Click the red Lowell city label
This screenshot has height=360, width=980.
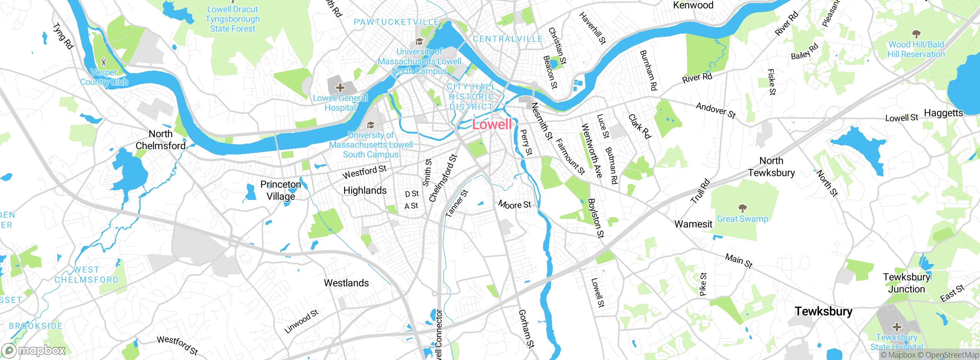(492, 124)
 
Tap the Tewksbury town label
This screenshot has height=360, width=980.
(823, 311)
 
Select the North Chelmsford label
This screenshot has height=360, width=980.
(161, 140)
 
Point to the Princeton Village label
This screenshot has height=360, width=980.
(281, 190)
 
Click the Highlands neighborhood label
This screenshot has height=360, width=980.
(365, 190)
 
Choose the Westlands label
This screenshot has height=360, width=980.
(346, 283)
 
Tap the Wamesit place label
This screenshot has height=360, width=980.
(693, 224)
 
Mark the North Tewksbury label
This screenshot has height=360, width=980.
(771, 167)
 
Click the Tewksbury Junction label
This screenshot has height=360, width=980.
(906, 283)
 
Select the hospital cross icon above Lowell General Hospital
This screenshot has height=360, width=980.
(340, 88)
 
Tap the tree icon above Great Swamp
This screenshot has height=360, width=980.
(743, 208)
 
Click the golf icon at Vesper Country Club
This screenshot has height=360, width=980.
(103, 62)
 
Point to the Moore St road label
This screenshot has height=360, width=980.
(514, 205)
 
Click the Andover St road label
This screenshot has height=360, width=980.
(715, 110)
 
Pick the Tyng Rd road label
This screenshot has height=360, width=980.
(63, 36)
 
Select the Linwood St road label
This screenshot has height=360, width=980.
(301, 322)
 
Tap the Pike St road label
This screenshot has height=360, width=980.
(703, 284)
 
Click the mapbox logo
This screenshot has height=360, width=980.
(34, 350)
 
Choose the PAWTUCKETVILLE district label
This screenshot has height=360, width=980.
(396, 22)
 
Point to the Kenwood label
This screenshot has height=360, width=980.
(693, 5)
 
